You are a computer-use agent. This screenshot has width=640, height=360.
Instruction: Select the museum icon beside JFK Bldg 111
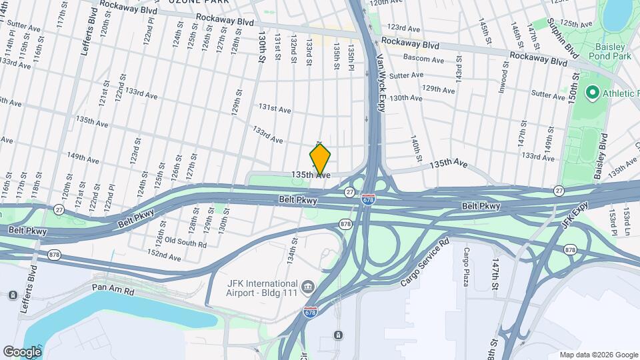pyautogui.click(x=307, y=286)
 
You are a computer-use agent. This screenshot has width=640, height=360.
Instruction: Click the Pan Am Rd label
pyautogui.click(x=115, y=292)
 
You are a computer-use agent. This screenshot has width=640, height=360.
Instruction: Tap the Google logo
pyautogui.click(x=21, y=351)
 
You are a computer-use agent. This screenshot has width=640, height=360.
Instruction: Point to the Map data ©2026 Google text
pyautogui.click(x=597, y=355)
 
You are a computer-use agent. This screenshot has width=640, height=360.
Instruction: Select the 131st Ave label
pyautogui.click(x=275, y=108)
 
